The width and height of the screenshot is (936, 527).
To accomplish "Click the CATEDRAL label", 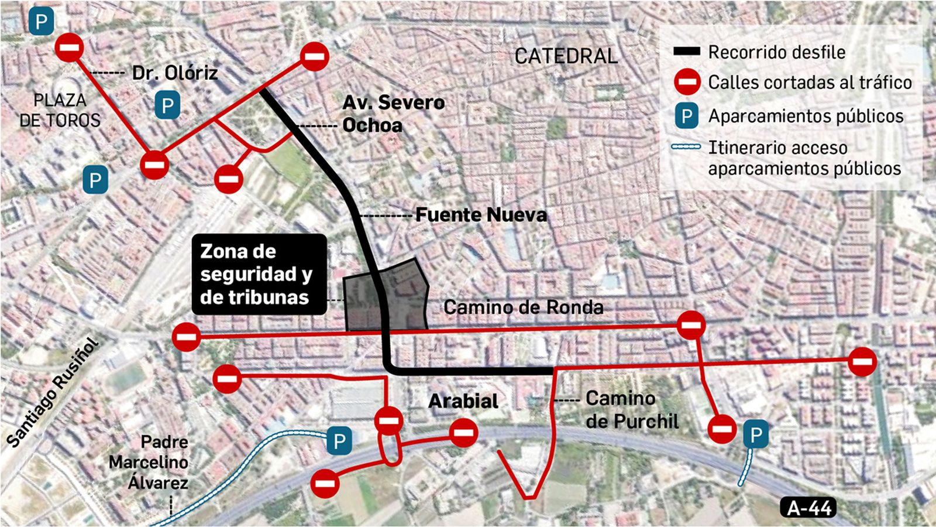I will tap(566, 56).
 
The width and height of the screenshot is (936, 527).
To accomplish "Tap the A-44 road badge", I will tap(809, 508).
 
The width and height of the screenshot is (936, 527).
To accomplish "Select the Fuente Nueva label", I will tap(481, 215).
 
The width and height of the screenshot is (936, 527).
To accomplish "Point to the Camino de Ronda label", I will tap(523, 307).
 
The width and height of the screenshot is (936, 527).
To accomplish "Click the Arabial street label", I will tap(463, 401).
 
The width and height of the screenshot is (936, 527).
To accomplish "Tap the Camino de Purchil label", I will tap(632, 410).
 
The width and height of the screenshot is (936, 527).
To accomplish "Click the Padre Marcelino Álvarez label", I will tap(149, 463).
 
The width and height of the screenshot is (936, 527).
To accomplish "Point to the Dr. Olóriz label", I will tap(174, 73).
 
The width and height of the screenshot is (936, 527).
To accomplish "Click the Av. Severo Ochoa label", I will tap(393, 114).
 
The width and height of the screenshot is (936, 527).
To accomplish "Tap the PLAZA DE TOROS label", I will tap(60, 110).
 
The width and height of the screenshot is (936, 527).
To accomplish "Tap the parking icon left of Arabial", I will tap(339, 440).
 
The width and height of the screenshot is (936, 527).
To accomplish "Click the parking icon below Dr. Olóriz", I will tap(167, 105).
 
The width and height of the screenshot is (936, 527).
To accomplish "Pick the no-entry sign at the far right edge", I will tap(862, 361).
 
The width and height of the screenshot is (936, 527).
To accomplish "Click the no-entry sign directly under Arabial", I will tap(464, 433).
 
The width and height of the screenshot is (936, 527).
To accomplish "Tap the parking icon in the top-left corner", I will tap(42, 22).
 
